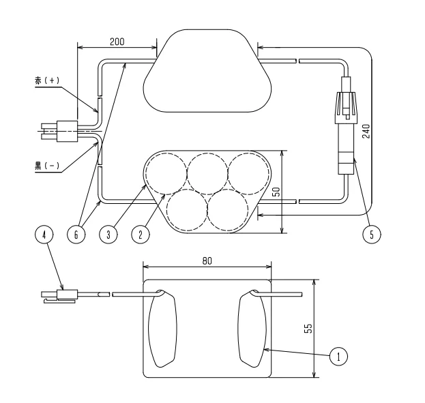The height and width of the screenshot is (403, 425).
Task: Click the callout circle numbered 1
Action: [x=338, y=356]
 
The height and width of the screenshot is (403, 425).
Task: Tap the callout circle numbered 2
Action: [x=141, y=234]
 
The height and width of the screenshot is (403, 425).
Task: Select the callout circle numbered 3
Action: [x=108, y=234]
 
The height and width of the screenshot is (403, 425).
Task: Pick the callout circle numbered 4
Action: [x=44, y=234]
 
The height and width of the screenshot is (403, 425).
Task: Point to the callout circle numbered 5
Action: [x=372, y=234]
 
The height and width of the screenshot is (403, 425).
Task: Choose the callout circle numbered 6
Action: [x=76, y=234]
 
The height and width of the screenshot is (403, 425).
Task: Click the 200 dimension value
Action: [x=117, y=42]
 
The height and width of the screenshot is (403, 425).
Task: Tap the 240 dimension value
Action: [x=366, y=131]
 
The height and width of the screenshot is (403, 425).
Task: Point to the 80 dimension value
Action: [x=207, y=260]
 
